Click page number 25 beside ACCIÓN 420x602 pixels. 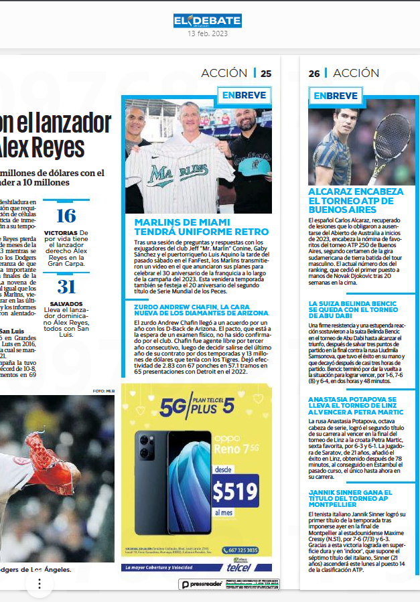pos(266,74)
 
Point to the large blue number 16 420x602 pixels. pos(66,216)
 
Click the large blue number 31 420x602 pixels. pos(66,287)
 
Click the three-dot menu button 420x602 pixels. pos(40,584)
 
